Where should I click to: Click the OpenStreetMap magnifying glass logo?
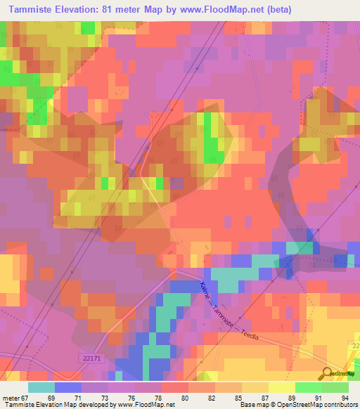point(328,373)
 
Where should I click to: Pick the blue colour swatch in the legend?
point(67,387)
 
